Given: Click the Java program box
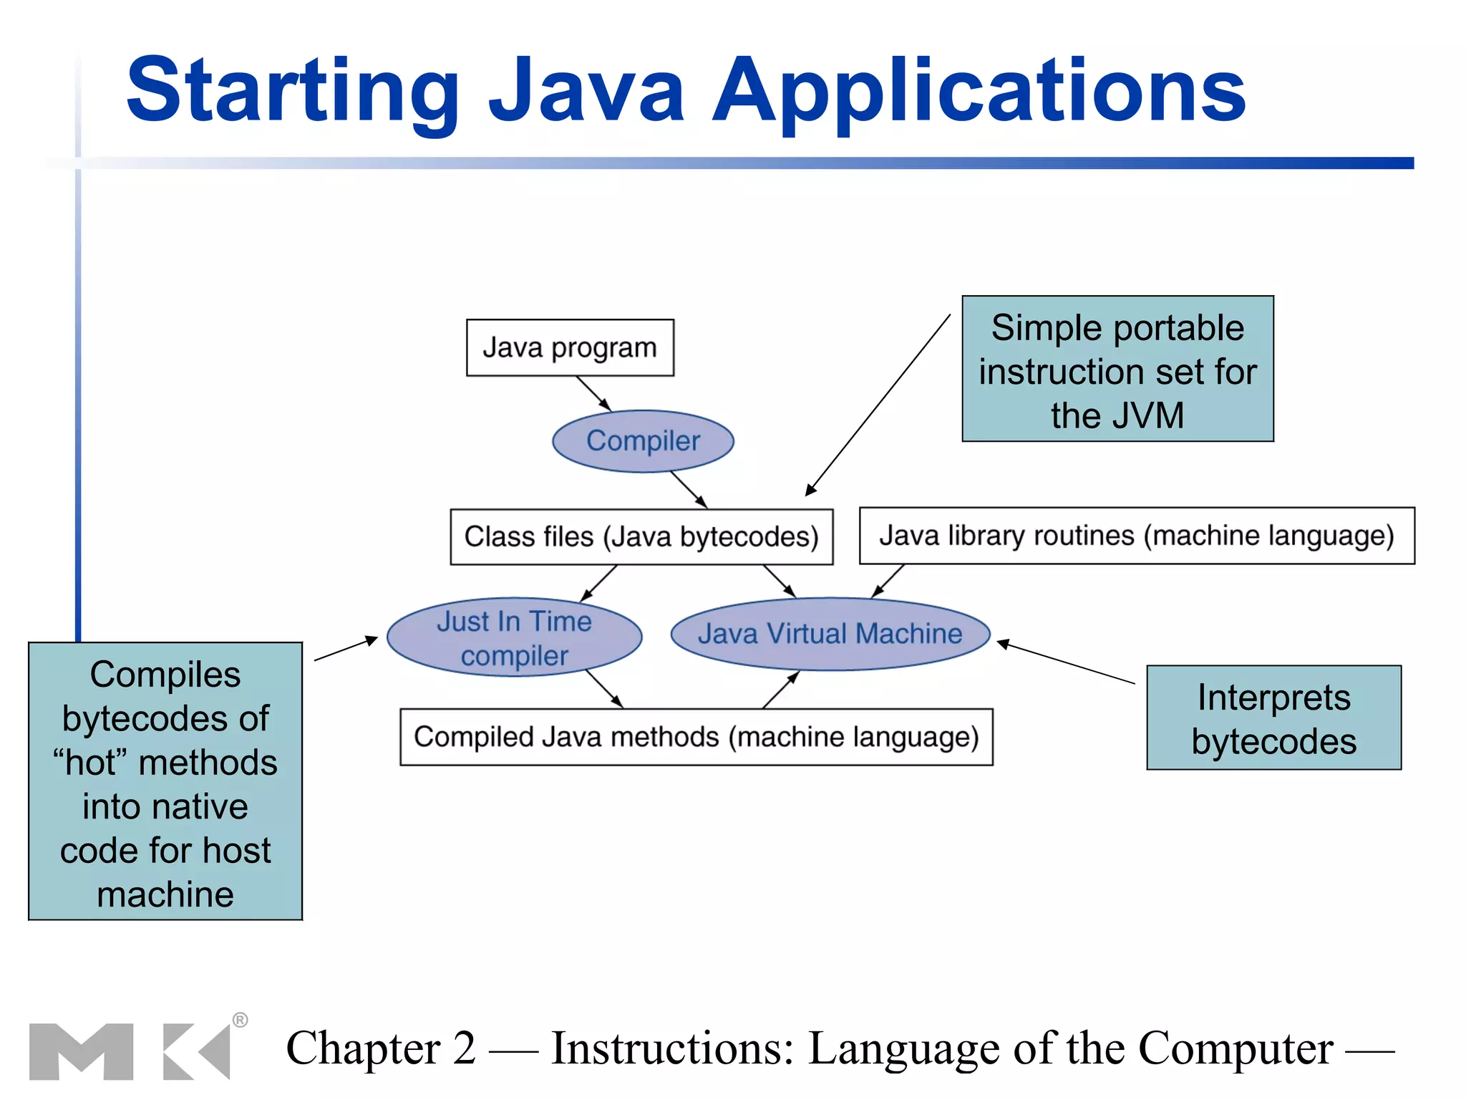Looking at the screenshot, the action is coord(570,348).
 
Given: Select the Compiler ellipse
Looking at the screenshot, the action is coord(643,441).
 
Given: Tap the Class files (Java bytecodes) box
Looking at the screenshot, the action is coord(641,537).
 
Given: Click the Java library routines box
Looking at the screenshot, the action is coord(1137,536).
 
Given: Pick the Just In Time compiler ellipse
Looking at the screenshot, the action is coord(514,637).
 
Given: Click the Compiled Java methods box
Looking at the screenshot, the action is coord(696,737).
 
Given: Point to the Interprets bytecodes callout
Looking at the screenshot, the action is coord(1273,718).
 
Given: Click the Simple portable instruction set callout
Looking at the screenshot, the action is coord(1117,370).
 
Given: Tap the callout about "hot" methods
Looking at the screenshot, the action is coord(165,781).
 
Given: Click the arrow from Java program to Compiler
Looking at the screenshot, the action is coord(593,393).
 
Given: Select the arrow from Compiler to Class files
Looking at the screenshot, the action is coord(689,490).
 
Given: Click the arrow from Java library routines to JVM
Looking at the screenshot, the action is coord(888,581).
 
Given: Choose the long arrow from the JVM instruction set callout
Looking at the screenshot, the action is coord(878,405).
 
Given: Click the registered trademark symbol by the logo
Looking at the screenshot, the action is coord(241,1020).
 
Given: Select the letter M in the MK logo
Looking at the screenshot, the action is coord(81,1051).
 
